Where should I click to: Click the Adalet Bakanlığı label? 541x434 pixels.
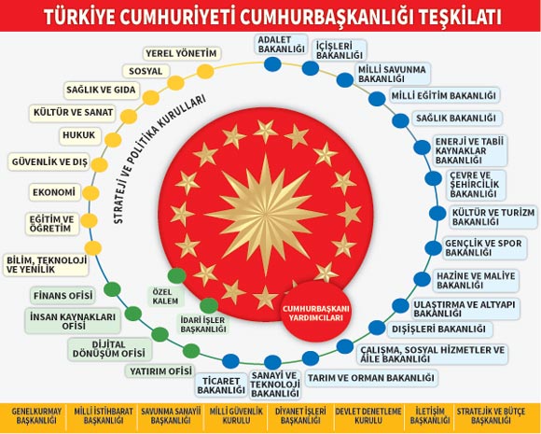click(281, 44)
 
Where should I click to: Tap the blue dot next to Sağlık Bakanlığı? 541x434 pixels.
click(400, 120)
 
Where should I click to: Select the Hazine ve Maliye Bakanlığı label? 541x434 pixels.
click(476, 281)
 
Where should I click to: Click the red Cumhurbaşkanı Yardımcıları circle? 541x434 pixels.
click(315, 313)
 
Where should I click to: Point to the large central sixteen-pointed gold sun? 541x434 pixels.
click(266, 215)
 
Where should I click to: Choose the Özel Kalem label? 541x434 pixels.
click(165, 296)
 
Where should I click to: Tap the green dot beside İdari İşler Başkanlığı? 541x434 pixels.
click(209, 305)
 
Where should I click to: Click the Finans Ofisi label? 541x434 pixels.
click(62, 296)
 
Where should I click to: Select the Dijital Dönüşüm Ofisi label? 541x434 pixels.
click(109, 349)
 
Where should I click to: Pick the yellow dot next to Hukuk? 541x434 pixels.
click(113, 141)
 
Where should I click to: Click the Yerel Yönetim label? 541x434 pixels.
click(181, 53)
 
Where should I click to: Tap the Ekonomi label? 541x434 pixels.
click(54, 192)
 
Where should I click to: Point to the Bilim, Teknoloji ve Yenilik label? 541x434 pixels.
click(47, 265)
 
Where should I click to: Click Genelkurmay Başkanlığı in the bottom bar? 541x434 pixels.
click(36, 415)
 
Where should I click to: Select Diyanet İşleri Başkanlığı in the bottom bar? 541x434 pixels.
click(300, 415)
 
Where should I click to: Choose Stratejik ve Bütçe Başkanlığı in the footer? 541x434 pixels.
click(491, 415)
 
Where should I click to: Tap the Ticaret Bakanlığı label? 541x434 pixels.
click(221, 385)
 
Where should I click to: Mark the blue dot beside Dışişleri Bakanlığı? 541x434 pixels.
click(377, 328)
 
